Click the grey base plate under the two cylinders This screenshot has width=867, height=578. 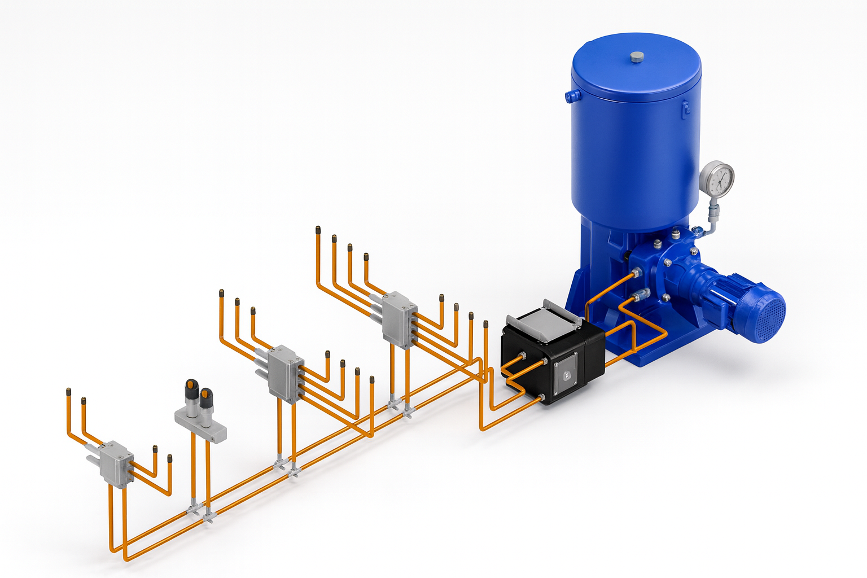click(200, 426)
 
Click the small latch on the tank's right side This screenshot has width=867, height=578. click(686, 108)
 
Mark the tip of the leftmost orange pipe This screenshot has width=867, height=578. click(68, 391)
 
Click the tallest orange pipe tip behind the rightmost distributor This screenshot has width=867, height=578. click(318, 230)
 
